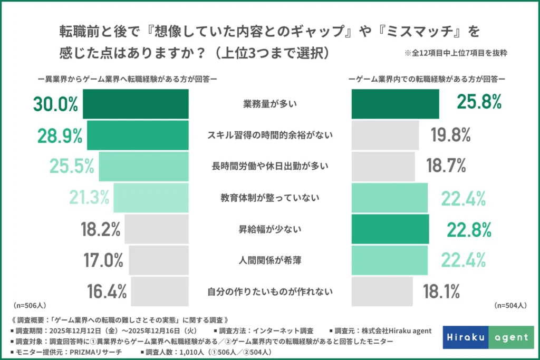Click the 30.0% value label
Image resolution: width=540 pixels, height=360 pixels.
(55, 104)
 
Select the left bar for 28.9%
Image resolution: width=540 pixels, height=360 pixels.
(137, 135)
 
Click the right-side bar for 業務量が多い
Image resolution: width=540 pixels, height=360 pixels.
(395, 104)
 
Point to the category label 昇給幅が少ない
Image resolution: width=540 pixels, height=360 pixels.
(270, 229)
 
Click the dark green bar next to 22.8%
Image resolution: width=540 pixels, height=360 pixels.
(390, 229)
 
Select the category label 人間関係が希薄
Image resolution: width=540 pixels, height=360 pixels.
(270, 260)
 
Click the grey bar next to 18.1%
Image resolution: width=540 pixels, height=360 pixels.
(382, 291)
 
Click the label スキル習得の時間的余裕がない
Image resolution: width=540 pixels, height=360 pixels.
(270, 135)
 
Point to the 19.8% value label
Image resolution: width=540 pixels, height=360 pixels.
(450, 135)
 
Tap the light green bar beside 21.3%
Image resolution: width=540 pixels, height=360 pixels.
(151, 198)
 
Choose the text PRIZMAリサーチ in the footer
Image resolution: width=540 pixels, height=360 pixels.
(90, 352)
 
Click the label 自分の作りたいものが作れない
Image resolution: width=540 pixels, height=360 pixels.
(270, 291)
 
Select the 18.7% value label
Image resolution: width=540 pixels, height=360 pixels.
(446, 167)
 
